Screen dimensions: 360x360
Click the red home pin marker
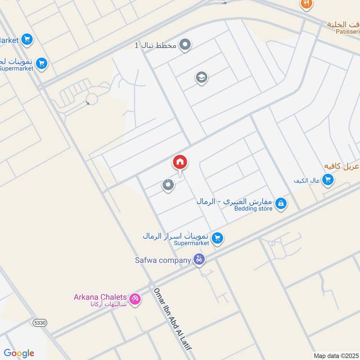[180, 162]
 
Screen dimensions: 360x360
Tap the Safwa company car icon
[199, 259]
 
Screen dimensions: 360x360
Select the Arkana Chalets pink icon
[134, 298]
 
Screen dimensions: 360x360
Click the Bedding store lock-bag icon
[281, 204]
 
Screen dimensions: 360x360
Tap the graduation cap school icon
[202, 78]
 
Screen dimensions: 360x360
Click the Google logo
[19, 353]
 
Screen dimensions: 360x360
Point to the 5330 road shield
[39, 322]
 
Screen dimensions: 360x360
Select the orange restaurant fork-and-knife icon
[306, 4]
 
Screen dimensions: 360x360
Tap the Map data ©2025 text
[335, 355]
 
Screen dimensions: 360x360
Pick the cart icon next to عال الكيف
[328, 180]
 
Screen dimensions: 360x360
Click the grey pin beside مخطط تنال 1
[185, 45]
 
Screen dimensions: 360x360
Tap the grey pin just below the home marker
[168, 185]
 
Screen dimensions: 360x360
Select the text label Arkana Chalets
[99, 297]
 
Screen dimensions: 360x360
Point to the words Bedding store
[253, 208]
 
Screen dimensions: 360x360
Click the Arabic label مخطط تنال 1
[156, 45]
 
